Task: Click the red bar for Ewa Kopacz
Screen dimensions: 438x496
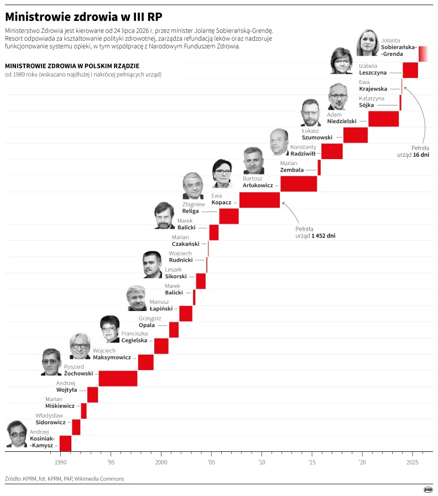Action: [x=260, y=200]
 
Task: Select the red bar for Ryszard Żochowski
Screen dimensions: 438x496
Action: [x=118, y=378]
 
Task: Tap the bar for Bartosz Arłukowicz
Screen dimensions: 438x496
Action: [x=299, y=184]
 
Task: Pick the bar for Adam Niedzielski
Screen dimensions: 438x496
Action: [x=384, y=119]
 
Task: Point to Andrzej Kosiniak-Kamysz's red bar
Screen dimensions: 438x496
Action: [x=66, y=443]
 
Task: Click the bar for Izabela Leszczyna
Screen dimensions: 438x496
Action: [x=410, y=70]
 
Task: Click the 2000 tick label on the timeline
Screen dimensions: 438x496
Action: [x=161, y=462]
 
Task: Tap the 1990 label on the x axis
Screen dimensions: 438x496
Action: [x=60, y=462]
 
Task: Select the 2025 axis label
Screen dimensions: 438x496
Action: [x=413, y=462]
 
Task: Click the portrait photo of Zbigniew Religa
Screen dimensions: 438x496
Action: [x=193, y=186]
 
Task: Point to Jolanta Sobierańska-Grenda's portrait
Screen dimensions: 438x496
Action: [x=368, y=43]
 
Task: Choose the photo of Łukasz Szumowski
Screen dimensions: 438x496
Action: [x=310, y=113]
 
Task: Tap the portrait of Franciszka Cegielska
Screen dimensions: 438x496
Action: [x=110, y=329]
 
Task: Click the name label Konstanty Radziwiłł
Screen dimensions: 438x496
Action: [x=303, y=151]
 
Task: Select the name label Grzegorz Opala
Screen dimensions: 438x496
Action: [x=150, y=321]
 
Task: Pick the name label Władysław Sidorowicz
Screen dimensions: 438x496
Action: [x=50, y=419]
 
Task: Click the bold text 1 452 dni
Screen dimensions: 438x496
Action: [x=324, y=236]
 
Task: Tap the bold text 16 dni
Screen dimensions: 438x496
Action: [x=421, y=155]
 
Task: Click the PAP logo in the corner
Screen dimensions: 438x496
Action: [x=428, y=490]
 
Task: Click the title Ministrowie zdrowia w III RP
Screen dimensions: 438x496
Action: [x=84, y=17]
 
